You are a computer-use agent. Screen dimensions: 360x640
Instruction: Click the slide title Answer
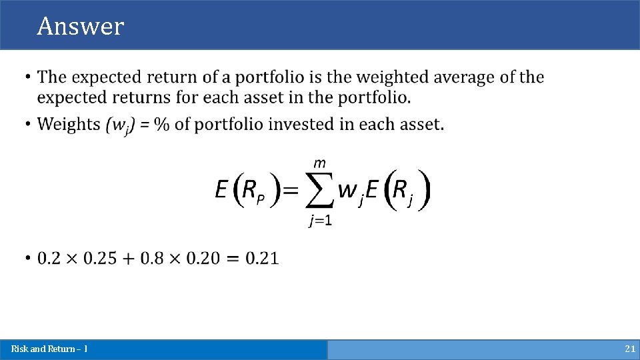81,26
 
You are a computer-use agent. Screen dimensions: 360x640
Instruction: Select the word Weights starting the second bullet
68,124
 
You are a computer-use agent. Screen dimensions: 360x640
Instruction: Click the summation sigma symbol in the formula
319,191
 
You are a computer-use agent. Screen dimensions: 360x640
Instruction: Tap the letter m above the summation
319,163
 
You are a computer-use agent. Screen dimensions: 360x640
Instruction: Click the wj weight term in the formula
349,192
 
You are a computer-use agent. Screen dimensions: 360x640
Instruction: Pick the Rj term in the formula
402,193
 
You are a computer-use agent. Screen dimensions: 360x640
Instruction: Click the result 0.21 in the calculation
262,258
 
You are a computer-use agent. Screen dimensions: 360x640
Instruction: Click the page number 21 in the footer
629,349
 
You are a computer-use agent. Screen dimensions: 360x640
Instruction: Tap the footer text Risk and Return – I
49,349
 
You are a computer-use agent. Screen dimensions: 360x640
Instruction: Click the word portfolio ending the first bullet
378,97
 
